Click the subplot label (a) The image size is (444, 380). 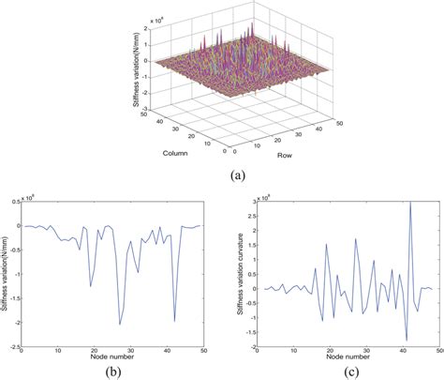222,173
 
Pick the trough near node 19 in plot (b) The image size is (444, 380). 91,286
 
